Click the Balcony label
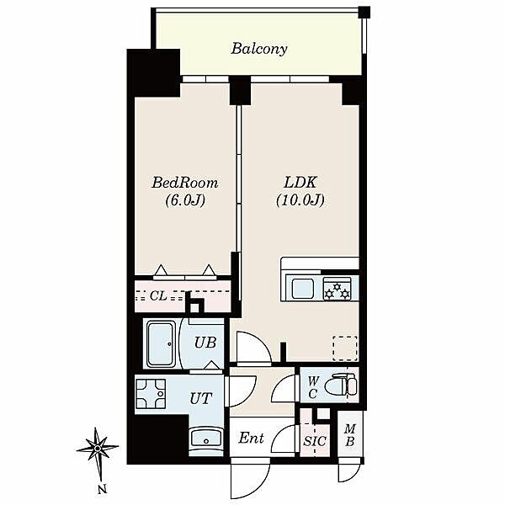point(259,49)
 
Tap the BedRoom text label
point(185,183)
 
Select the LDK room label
point(300,183)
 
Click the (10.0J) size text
point(300,200)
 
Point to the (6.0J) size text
point(185,200)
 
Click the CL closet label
point(158,295)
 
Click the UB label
point(205,343)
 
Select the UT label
point(201,398)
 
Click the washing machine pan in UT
point(151,394)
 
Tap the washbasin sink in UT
point(206,438)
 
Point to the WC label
point(313,387)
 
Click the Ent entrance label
point(251,438)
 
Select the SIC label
point(315,441)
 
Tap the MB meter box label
point(350,435)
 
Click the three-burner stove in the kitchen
point(338,288)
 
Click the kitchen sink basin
point(303,289)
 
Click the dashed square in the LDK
point(345,348)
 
